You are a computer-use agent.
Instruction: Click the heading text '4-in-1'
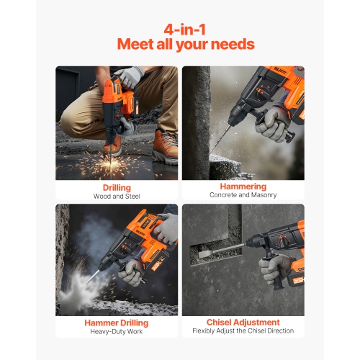point(180,30)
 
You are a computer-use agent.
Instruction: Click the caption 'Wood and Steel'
point(117,195)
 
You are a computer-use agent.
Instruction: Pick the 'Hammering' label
point(243,186)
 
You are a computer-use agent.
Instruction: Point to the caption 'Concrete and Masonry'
point(243,195)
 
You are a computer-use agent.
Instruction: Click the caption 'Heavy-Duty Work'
point(117,331)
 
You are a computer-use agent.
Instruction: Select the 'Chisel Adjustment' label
point(243,322)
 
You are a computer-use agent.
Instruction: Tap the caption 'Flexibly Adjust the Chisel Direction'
point(243,331)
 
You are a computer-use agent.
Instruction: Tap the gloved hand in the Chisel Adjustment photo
point(275,268)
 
